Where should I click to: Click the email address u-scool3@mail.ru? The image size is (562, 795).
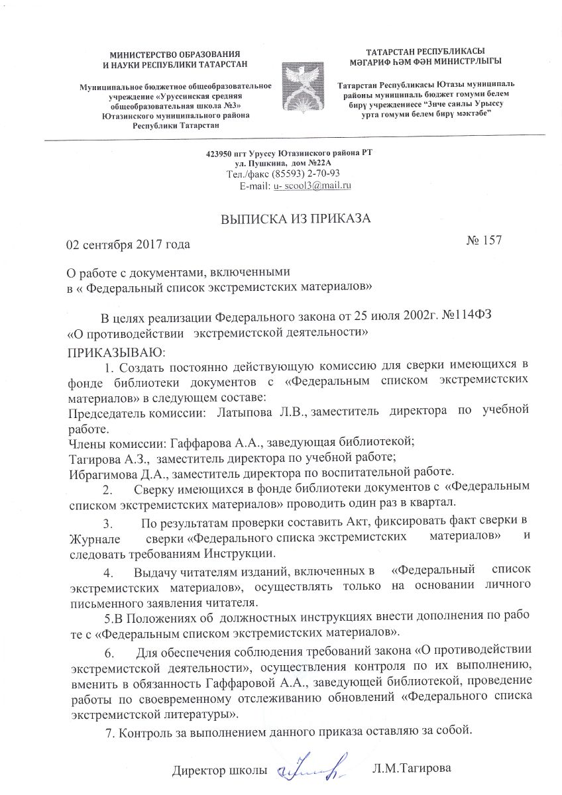tap(311, 185)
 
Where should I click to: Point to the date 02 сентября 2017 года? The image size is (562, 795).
tap(128, 244)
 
